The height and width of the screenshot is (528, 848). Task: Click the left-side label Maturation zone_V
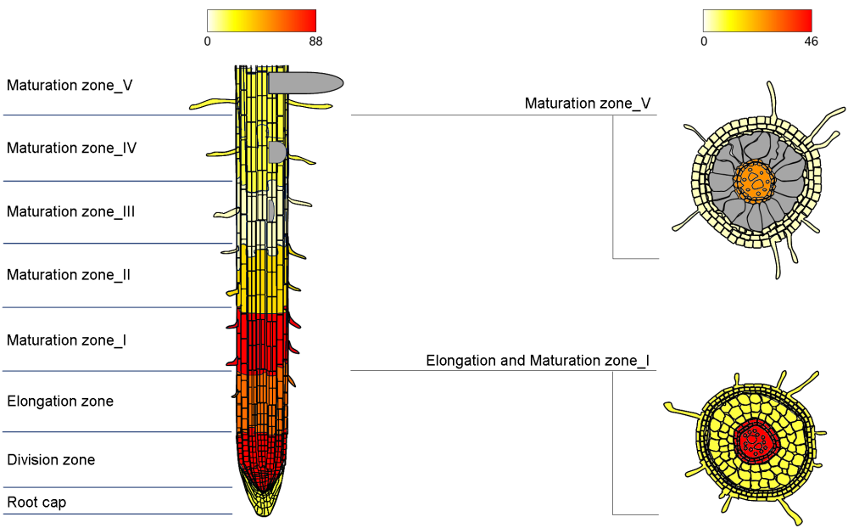tap(70, 86)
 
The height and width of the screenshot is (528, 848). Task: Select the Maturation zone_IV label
tap(72, 149)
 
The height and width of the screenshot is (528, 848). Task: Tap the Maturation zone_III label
tap(71, 212)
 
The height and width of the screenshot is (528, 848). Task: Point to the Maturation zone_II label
tap(69, 275)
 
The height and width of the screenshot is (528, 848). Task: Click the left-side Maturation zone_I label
tap(67, 340)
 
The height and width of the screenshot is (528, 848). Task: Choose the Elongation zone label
tap(60, 402)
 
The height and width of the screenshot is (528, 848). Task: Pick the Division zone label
tap(51, 460)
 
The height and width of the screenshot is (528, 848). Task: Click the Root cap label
tap(36, 503)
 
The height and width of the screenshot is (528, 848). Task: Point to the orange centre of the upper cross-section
tap(755, 180)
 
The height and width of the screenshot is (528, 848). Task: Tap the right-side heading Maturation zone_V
tap(588, 104)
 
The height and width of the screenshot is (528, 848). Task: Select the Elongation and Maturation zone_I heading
tap(538, 361)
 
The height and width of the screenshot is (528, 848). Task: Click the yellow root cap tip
tap(265, 501)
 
